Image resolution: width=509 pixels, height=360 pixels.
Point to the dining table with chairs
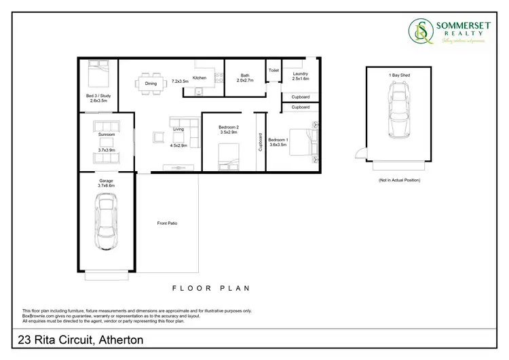pyautogui.click(x=150, y=84)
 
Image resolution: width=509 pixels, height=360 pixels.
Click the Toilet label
pyautogui.click(x=274, y=70)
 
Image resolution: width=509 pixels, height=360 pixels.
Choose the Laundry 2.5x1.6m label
pyautogui.click(x=300, y=76)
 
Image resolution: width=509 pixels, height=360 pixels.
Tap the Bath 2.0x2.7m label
pyautogui.click(x=244, y=77)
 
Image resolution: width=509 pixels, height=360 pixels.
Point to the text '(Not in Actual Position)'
pyautogui.click(x=399, y=181)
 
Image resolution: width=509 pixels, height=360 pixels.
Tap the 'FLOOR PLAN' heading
pyautogui.click(x=211, y=288)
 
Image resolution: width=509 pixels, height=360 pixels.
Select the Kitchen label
pyautogui.click(x=200, y=78)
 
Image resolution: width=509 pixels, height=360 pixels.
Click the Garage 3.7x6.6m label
pyautogui.click(x=106, y=183)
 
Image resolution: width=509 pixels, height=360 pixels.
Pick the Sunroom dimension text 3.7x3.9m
pyautogui.click(x=107, y=150)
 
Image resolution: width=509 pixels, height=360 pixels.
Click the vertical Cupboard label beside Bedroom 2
pyautogui.click(x=260, y=141)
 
